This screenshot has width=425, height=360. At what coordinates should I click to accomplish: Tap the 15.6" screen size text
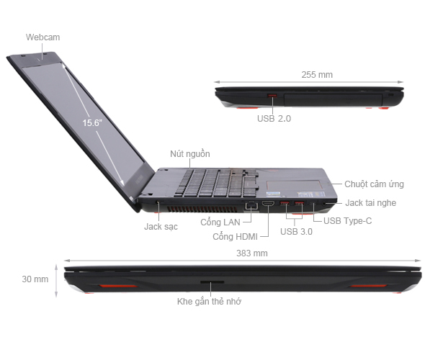pyautogui.click(x=92, y=122)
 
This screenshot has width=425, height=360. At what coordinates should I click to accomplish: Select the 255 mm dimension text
pyautogui.click(x=317, y=74)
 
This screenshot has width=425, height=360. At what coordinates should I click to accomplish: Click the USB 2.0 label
pyautogui.click(x=274, y=119)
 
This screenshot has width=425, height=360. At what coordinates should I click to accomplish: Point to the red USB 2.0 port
pyautogui.click(x=272, y=97)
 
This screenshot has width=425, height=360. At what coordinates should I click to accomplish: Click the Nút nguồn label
pyautogui.click(x=190, y=154)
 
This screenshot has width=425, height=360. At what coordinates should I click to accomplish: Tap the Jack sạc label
pyautogui.click(x=161, y=226)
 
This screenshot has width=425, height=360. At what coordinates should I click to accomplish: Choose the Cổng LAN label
pyautogui.click(x=220, y=222)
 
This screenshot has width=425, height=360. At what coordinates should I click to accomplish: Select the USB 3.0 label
pyautogui.click(x=297, y=231)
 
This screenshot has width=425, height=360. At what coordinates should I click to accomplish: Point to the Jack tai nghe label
pyautogui.click(x=370, y=203)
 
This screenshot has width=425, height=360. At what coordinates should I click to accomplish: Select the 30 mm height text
pyautogui.click(x=35, y=278)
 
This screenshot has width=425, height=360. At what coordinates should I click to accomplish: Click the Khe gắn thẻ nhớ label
pyautogui.click(x=209, y=302)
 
